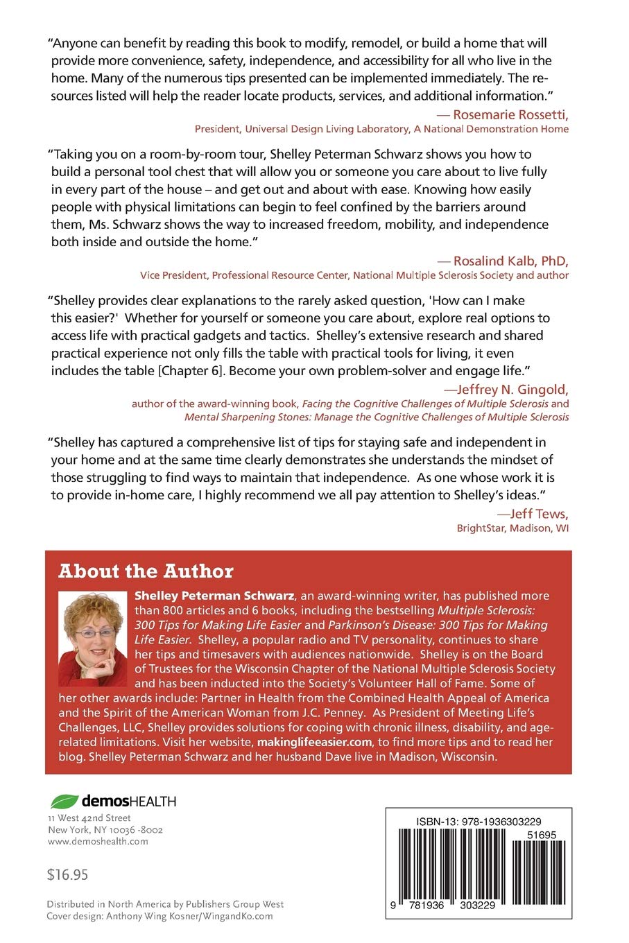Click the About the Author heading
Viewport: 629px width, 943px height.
pyautogui.click(x=146, y=571)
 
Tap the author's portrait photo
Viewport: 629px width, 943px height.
pyautogui.click(x=93, y=638)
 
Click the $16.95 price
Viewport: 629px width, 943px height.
pyautogui.click(x=67, y=874)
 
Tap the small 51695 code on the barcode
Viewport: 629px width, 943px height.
pyautogui.click(x=541, y=836)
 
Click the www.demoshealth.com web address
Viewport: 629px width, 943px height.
pyautogui.click(x=98, y=841)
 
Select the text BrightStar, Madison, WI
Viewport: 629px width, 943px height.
pyautogui.click(x=512, y=528)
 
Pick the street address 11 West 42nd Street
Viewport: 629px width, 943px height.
pyautogui.click(x=89, y=818)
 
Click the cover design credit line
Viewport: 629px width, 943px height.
pyautogui.click(x=160, y=916)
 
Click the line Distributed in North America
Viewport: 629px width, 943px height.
pyautogui.click(x=165, y=904)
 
